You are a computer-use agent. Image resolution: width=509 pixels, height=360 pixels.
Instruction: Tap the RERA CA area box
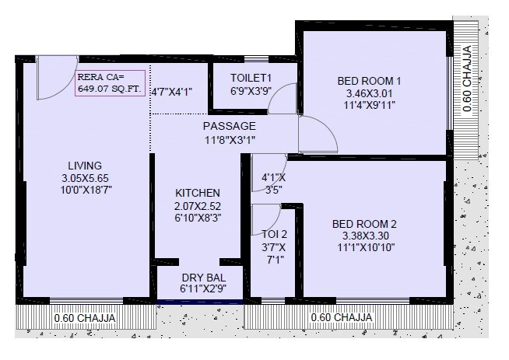(x=109, y=82)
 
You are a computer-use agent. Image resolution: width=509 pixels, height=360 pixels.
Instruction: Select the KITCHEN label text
(x=197, y=193)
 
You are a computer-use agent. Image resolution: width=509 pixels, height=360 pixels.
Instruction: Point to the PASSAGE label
(x=229, y=126)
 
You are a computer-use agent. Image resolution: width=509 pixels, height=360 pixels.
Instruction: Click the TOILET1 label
(x=251, y=78)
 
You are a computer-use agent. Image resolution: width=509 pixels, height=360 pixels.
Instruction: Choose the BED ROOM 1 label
(x=369, y=80)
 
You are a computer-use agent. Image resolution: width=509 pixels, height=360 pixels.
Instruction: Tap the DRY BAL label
(x=203, y=278)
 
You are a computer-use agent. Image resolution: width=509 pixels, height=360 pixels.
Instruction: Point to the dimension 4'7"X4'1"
(x=171, y=92)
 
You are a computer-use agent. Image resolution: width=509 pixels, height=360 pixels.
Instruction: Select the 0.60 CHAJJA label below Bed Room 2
(x=341, y=318)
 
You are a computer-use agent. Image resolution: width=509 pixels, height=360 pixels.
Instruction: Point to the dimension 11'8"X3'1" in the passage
(x=229, y=140)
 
